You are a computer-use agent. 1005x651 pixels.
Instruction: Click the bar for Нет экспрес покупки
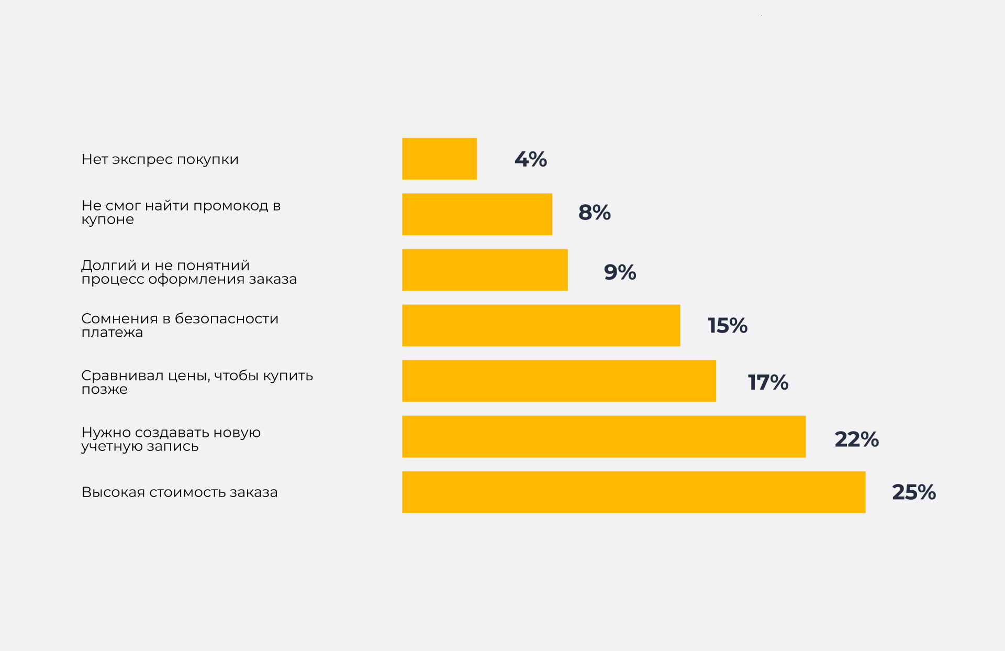pyautogui.click(x=439, y=159)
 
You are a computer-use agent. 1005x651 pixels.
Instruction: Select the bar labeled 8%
pyautogui.click(x=477, y=214)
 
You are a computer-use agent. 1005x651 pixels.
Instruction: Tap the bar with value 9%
pyautogui.click(x=485, y=270)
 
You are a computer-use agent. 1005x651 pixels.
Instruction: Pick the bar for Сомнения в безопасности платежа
pyautogui.click(x=541, y=325)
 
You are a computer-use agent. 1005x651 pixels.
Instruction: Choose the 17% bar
pyautogui.click(x=559, y=381)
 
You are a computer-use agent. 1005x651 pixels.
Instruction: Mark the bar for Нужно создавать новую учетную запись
pyautogui.click(x=604, y=436)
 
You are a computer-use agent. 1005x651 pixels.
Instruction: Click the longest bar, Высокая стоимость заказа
pyautogui.click(x=633, y=492)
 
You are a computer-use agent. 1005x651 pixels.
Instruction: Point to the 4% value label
pyautogui.click(x=531, y=159)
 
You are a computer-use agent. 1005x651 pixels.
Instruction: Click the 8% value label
pyautogui.click(x=595, y=213)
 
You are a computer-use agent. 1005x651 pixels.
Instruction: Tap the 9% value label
pyautogui.click(x=620, y=272)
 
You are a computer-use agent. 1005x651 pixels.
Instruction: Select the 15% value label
pyautogui.click(x=728, y=326)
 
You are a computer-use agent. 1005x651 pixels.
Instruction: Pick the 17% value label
pyautogui.click(x=768, y=382)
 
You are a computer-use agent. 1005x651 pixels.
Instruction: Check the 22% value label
pyautogui.click(x=856, y=439)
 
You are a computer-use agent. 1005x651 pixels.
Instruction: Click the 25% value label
pyautogui.click(x=914, y=492)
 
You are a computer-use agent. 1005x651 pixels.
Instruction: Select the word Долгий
pyautogui.click(x=109, y=266)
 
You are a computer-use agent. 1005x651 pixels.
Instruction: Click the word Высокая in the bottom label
pyautogui.click(x=113, y=492)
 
